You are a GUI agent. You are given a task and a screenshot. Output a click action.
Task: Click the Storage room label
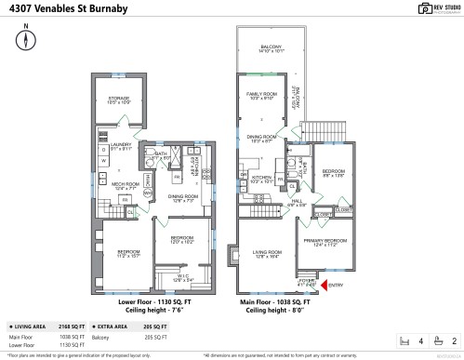117,98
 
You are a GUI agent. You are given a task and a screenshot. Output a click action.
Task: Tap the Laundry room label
121,144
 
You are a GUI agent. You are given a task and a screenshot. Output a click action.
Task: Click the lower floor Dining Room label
182,197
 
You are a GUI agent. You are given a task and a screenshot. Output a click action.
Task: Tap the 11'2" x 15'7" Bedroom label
127,252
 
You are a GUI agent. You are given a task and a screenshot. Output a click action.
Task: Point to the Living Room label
267,253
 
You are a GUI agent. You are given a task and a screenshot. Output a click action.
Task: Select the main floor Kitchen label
262,178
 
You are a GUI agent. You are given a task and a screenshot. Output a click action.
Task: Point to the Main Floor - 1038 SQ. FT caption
275,302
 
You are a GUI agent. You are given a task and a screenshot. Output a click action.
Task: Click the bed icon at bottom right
405,341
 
